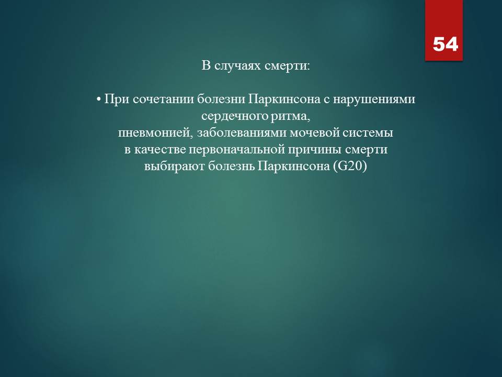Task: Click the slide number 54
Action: click(446, 44)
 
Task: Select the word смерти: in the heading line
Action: click(288, 66)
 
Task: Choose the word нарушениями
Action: click(374, 99)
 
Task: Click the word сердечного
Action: click(235, 116)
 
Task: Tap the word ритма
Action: click(291, 117)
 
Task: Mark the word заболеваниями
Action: click(242, 132)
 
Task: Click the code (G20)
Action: click(350, 167)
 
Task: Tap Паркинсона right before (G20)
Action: click(294, 167)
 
